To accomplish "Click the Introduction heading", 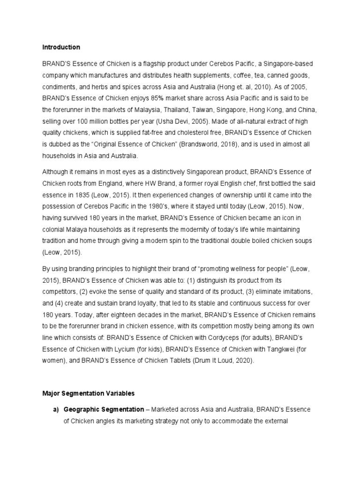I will click(61, 47).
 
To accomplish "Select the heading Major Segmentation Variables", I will click(89, 393).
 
